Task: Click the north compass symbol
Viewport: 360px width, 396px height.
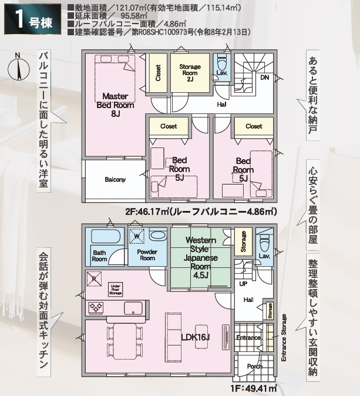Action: click(x=18, y=66)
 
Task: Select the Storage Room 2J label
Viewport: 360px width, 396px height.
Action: click(x=190, y=73)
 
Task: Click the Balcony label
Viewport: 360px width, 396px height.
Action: click(x=115, y=179)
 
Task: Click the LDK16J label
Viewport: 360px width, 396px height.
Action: click(x=196, y=337)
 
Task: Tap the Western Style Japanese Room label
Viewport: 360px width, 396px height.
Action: click(x=200, y=257)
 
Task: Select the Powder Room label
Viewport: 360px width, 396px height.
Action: click(x=147, y=255)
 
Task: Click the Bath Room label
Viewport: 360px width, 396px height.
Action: click(x=99, y=256)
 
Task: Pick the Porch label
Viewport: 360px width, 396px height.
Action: click(x=254, y=366)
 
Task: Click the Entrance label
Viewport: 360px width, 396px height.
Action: click(x=248, y=338)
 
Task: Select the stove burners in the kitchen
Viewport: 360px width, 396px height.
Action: click(x=95, y=307)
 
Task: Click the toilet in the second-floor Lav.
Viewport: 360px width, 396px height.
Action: click(x=223, y=61)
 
